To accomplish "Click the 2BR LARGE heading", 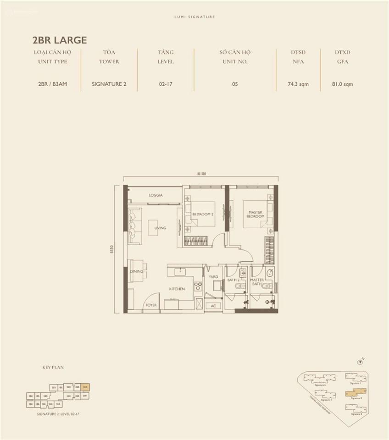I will [x=60, y=40].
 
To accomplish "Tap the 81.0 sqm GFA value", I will [x=342, y=84].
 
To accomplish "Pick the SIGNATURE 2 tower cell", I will [x=109, y=84].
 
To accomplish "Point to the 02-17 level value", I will [x=166, y=84].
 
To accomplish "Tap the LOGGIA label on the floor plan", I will [x=156, y=195].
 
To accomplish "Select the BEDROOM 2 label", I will [x=203, y=214].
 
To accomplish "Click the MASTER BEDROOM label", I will [x=255, y=214].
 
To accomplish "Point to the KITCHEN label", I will [x=177, y=289].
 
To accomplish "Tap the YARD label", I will [x=213, y=277].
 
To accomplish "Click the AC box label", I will [x=213, y=306].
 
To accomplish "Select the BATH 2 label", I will [x=233, y=280].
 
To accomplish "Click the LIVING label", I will [x=160, y=228].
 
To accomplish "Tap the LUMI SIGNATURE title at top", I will [x=194, y=17].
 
